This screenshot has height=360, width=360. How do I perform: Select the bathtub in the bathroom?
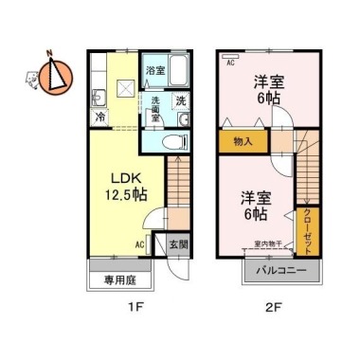click(x=182, y=70)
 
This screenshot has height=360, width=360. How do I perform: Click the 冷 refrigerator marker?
click(x=100, y=117)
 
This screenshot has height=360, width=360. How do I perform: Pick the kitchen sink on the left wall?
click(x=99, y=95)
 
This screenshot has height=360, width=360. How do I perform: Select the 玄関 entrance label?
click(x=177, y=243)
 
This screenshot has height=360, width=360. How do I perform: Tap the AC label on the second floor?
click(x=230, y=63)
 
